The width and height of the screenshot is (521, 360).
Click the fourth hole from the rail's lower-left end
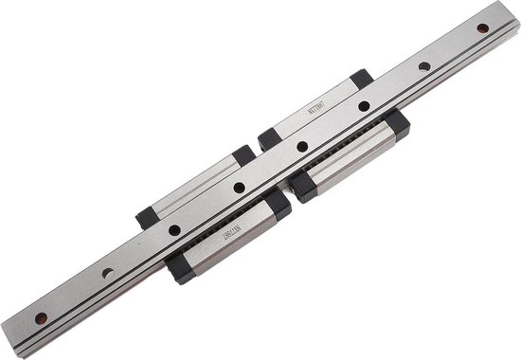pyautogui.click(x=239, y=189)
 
